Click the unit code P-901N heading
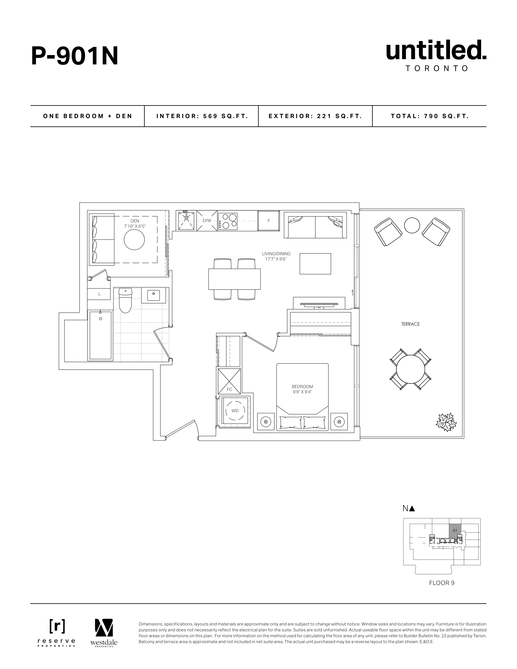(x=75, y=56)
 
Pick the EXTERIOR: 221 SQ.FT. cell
(x=316, y=116)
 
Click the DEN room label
(x=135, y=221)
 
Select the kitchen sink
(x=186, y=221)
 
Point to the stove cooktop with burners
(x=228, y=221)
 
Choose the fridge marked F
(x=269, y=221)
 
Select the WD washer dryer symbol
(x=235, y=411)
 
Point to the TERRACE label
(x=410, y=324)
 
